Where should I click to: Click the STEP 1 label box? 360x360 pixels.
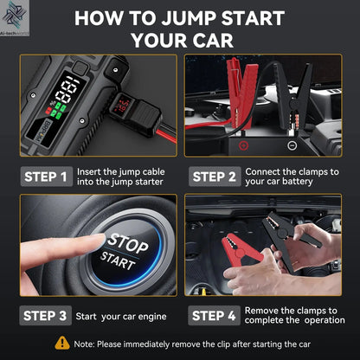46,177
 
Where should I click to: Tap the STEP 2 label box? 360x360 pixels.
214,177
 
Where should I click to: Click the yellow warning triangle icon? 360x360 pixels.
62,344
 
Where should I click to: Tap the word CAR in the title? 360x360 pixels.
214,40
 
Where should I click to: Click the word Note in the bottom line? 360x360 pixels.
86,344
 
